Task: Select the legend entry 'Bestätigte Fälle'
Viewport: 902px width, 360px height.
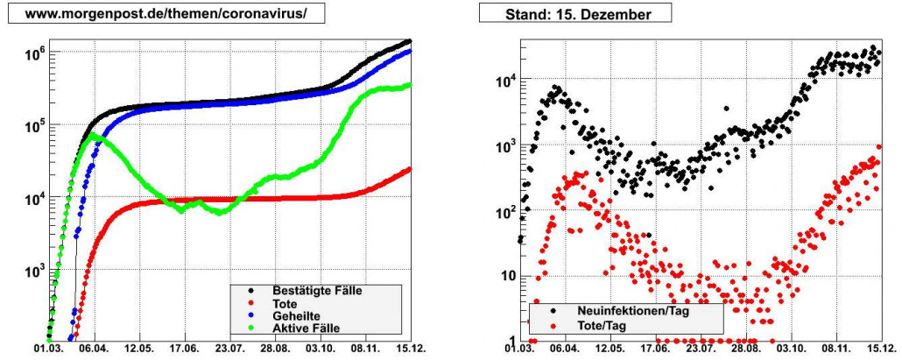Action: pos(318,290)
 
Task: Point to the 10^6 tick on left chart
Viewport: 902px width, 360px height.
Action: pos(32,54)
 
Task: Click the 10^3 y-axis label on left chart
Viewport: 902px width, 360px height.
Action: pos(32,272)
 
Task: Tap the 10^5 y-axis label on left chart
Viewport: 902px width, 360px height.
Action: pos(32,127)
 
